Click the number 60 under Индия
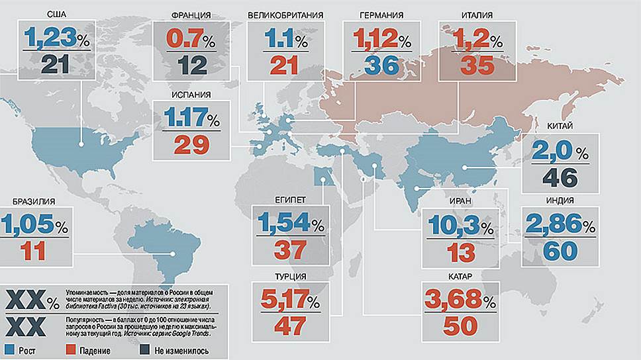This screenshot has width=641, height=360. [x=559, y=251]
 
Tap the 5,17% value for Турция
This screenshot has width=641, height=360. [x=285, y=302]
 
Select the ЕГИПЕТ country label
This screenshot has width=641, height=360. [x=289, y=199]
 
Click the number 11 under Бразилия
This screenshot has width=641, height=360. [x=34, y=251]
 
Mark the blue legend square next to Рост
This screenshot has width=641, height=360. [x=9, y=349]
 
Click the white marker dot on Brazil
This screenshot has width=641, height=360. [x=173, y=253]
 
